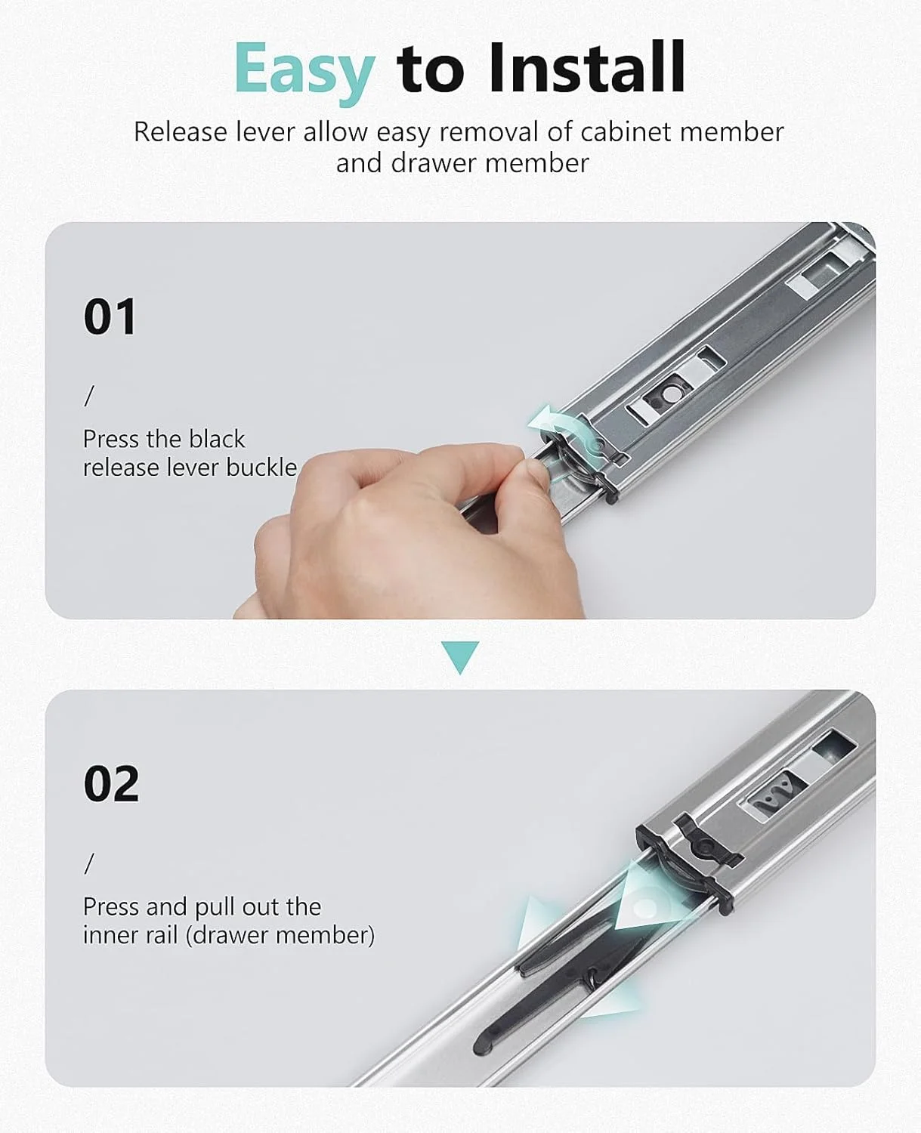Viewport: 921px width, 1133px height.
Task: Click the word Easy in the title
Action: (x=304, y=70)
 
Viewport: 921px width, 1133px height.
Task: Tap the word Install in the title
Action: (x=587, y=67)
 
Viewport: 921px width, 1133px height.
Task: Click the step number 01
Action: (x=110, y=317)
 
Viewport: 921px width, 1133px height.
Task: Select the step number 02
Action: (x=112, y=783)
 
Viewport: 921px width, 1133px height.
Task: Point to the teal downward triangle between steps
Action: (x=460, y=656)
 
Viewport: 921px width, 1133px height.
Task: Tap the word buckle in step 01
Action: (x=261, y=468)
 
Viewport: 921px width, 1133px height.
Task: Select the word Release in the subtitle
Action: (x=181, y=132)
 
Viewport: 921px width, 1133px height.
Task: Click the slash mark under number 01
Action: (x=89, y=396)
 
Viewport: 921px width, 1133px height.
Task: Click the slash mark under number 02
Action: (x=89, y=863)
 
